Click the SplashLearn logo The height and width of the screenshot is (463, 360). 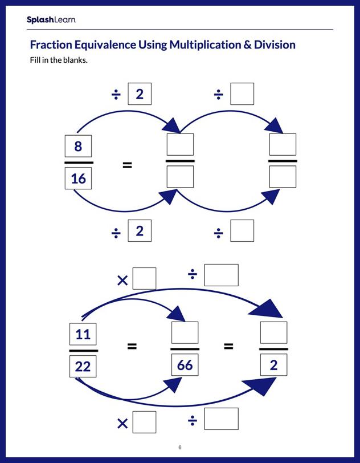pyautogui.click(x=51, y=20)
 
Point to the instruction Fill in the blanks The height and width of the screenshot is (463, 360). pyautogui.click(x=59, y=60)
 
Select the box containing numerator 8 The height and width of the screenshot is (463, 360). pyautogui.click(x=79, y=147)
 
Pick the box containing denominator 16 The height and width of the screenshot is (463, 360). pyautogui.click(x=79, y=178)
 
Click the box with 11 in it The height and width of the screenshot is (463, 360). pyautogui.click(x=83, y=334)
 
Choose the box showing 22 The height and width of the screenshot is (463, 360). pyautogui.click(x=83, y=366)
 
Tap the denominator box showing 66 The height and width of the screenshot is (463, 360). pyautogui.click(x=185, y=364)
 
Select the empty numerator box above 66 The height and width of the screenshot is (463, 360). pyautogui.click(x=185, y=332)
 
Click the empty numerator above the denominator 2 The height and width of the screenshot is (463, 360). pyautogui.click(x=273, y=332)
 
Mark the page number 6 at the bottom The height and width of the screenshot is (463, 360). pyautogui.click(x=179, y=447)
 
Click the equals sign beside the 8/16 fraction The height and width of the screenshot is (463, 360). pyautogui.click(x=128, y=165)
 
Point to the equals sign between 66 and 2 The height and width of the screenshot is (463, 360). pyautogui.click(x=228, y=346)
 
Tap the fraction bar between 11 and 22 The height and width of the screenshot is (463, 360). pyautogui.click(x=83, y=350)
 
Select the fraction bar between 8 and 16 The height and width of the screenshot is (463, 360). pyautogui.click(x=79, y=163)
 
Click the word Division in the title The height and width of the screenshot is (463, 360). pyautogui.click(x=275, y=45)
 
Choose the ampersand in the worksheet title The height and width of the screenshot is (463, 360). pyautogui.click(x=248, y=45)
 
